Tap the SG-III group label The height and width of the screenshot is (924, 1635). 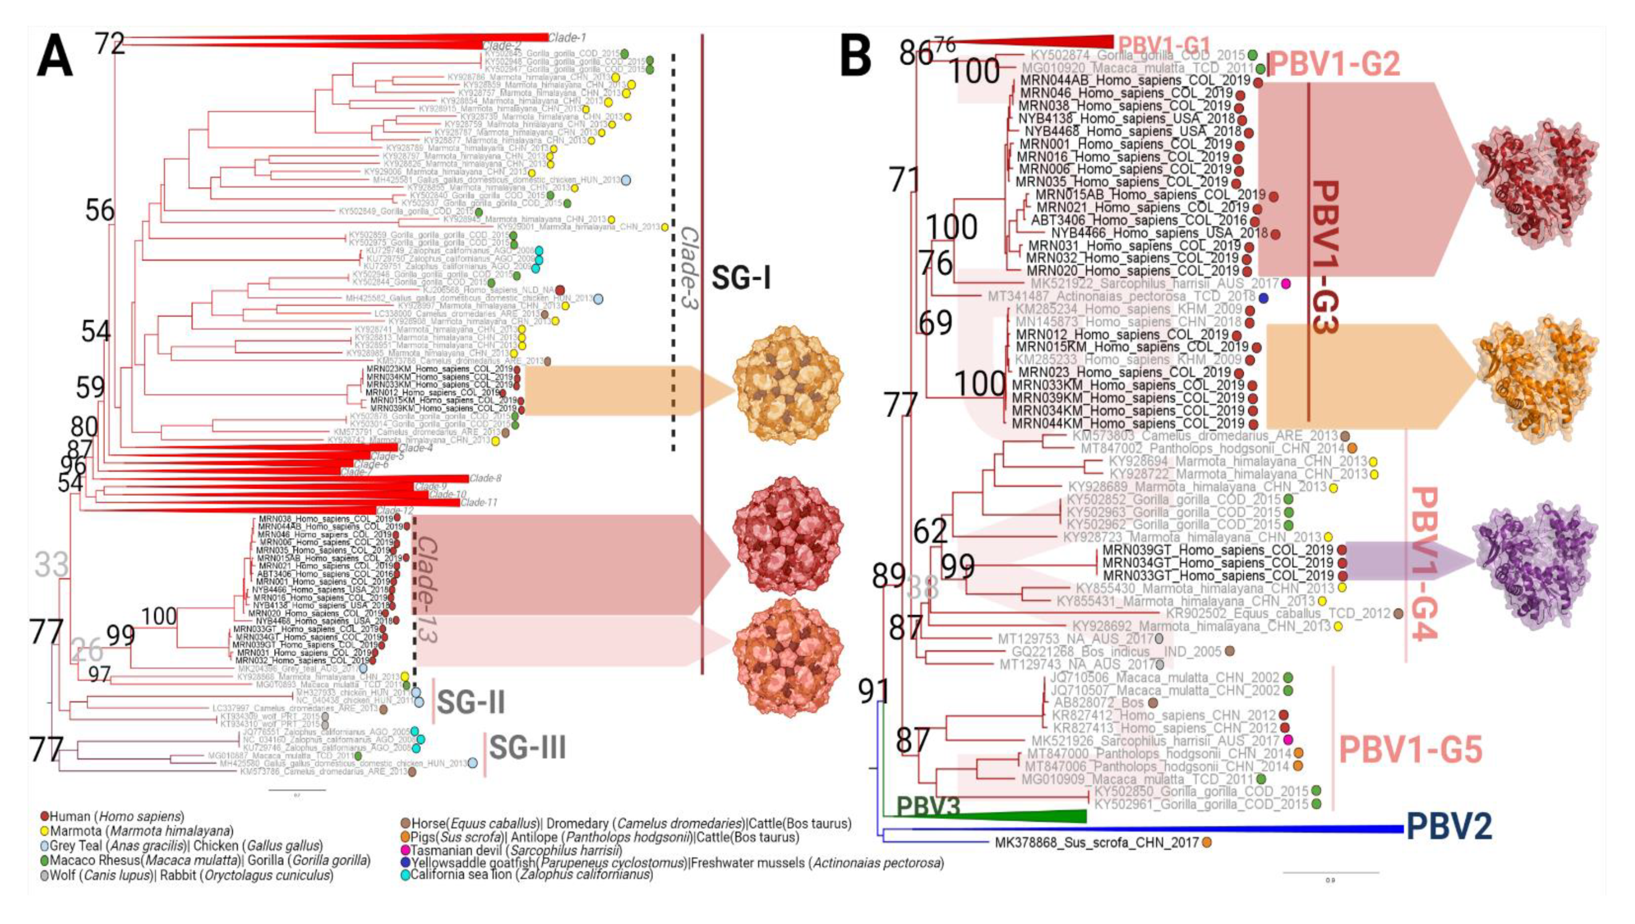(527, 748)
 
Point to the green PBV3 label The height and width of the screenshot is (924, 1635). (927, 806)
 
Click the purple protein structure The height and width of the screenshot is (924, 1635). (1537, 561)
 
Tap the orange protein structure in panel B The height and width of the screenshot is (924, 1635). (1537, 376)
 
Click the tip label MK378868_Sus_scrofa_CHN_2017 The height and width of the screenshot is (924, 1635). (1096, 843)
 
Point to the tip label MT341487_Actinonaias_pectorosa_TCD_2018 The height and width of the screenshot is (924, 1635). (1121, 296)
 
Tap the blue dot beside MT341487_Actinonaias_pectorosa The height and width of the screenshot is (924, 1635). (1263, 298)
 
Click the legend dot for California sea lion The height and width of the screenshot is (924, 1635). (405, 874)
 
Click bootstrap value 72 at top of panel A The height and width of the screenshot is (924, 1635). (110, 44)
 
